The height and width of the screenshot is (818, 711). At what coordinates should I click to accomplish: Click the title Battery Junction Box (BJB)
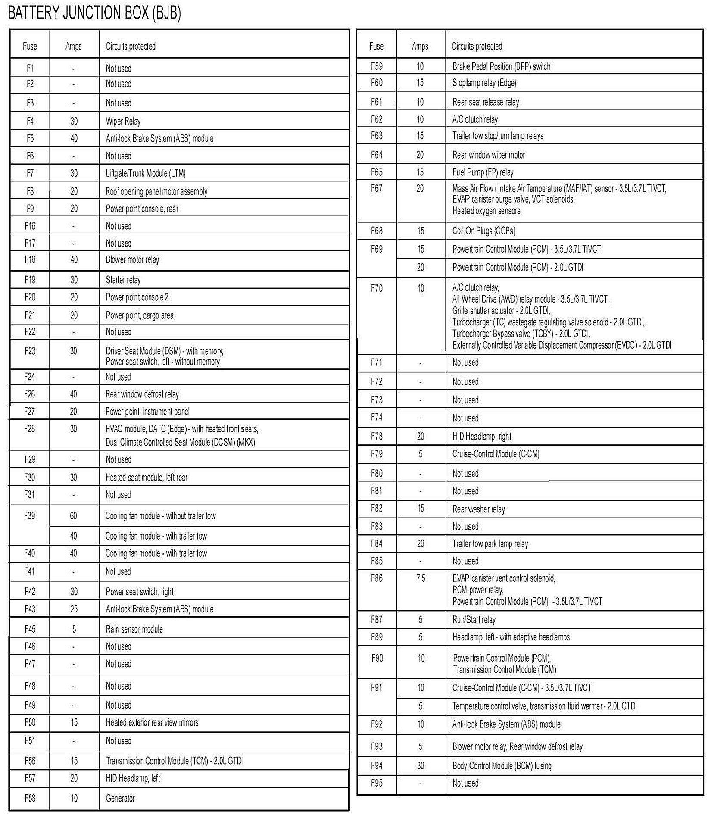(x=94, y=13)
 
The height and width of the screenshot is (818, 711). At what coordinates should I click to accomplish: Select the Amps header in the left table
(x=74, y=46)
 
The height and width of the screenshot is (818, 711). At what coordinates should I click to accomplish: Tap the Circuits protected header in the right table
(x=477, y=46)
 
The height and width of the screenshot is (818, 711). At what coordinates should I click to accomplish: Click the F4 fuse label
(x=30, y=121)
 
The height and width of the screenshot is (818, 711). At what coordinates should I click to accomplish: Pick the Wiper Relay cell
(x=123, y=121)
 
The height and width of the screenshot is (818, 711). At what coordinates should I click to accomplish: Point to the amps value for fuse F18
(x=74, y=259)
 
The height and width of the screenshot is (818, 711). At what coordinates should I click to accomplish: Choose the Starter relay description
(x=123, y=280)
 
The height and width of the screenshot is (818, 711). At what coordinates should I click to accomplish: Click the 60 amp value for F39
(x=74, y=515)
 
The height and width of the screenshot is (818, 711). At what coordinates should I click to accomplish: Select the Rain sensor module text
(x=134, y=629)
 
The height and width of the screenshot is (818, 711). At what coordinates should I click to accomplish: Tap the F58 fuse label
(x=30, y=798)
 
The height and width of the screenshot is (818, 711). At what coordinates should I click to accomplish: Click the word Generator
(x=120, y=798)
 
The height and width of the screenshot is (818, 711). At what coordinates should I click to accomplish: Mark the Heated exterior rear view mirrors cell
(x=152, y=722)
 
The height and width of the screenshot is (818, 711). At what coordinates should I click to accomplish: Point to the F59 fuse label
(x=377, y=66)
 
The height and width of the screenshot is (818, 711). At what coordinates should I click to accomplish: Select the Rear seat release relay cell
(x=486, y=102)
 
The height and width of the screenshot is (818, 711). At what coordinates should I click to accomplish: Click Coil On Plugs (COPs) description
(x=483, y=231)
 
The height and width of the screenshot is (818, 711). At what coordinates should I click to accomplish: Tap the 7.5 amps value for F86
(x=421, y=578)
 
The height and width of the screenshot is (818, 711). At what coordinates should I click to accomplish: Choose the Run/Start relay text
(x=474, y=619)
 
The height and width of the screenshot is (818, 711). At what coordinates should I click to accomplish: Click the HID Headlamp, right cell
(x=482, y=436)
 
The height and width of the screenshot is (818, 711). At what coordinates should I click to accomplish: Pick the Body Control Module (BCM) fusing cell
(x=502, y=765)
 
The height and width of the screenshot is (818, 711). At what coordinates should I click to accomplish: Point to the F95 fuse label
(x=377, y=783)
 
